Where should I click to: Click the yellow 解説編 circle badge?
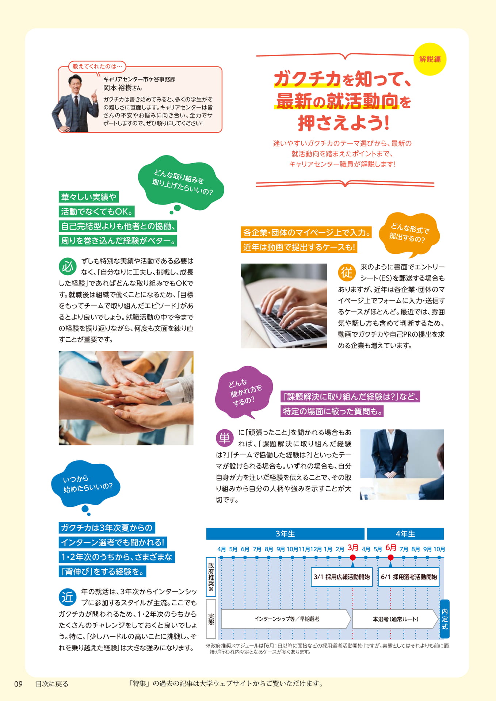pyautogui.click(x=430, y=59)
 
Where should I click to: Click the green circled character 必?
pyautogui.click(x=68, y=267)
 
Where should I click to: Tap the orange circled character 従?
pyautogui.click(x=347, y=272)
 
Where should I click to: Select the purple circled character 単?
pyautogui.click(x=225, y=438)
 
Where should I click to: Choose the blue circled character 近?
pyautogui.click(x=68, y=597)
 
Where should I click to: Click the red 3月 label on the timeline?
pyautogui.click(x=353, y=548)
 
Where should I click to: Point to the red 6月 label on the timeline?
pyautogui.click(x=390, y=548)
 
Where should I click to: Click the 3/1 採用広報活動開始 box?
pyautogui.click(x=342, y=577)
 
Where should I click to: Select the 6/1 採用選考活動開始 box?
pyautogui.click(x=409, y=577)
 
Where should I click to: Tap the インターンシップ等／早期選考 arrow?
pyautogui.click(x=286, y=619)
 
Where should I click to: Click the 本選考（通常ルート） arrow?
pyautogui.click(x=396, y=619)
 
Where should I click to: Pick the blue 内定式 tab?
pyautogui.click(x=445, y=619)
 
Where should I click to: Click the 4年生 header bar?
pyautogui.click(x=405, y=534)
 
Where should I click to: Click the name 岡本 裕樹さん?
pyautogui.click(x=122, y=88)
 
